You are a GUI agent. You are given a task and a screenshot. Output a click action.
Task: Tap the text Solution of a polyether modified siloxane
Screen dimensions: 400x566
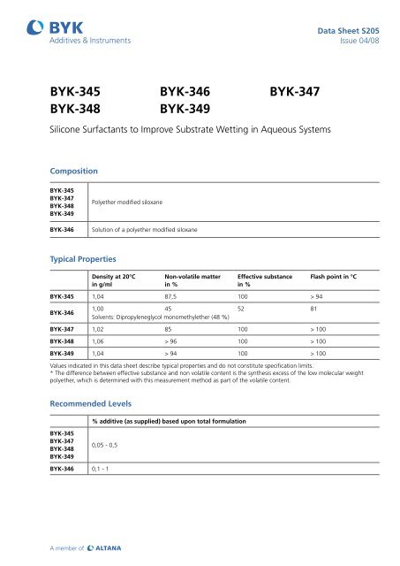coord(145,230)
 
